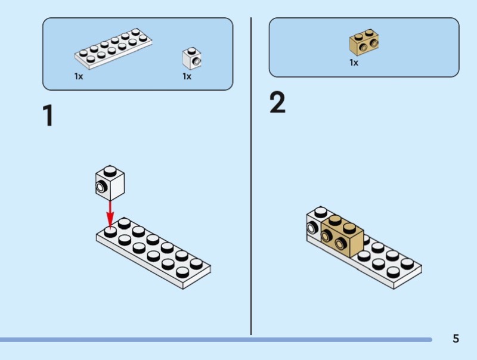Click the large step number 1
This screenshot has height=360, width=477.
coord(48,116)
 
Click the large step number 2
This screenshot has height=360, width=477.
coord(277,103)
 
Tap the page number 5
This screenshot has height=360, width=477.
coord(456,339)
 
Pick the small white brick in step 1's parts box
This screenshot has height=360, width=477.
coord(191,58)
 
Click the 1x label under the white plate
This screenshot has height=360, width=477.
coord(79,76)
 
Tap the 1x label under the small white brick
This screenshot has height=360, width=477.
coord(187,76)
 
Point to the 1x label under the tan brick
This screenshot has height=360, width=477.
coord(354,63)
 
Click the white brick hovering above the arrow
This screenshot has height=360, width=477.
coord(110,182)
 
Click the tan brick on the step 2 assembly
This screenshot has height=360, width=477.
coord(343,237)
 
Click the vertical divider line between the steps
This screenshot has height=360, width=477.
coord(251,179)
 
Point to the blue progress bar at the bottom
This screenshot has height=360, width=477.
coord(215,340)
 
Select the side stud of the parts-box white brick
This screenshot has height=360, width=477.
coord(195,61)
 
